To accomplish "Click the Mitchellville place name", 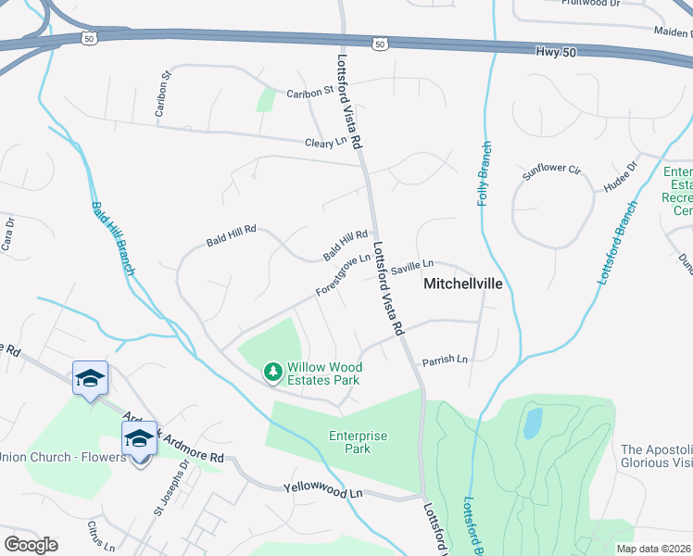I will [x=462, y=284].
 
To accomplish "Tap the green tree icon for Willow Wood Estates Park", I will [x=273, y=372].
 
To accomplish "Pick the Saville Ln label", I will [x=411, y=267].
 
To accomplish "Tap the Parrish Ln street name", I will [x=446, y=360].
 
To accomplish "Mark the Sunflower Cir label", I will [x=550, y=171].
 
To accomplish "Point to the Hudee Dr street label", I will [x=620, y=178].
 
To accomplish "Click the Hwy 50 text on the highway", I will [x=555, y=52].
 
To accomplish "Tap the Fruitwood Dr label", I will [x=590, y=4].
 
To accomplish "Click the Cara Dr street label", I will [x=8, y=234].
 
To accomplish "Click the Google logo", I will [x=31, y=544].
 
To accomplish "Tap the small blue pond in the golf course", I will [x=533, y=423].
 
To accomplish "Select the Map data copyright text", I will [x=654, y=549].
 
